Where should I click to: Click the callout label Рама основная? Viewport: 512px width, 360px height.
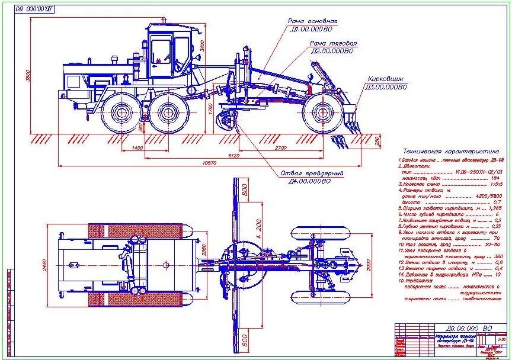click(312, 21)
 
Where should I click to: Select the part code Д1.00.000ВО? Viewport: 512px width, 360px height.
click(312, 28)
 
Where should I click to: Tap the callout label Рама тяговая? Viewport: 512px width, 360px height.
click(334, 43)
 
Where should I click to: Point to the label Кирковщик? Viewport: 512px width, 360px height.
click(386, 79)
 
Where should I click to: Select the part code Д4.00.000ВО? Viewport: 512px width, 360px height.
click(309, 181)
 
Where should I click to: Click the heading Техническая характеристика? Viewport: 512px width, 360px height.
click(450, 152)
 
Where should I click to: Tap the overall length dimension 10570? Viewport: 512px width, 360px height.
click(209, 162)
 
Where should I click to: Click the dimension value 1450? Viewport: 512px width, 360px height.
click(137, 147)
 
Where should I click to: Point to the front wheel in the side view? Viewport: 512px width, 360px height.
click(321, 112)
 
